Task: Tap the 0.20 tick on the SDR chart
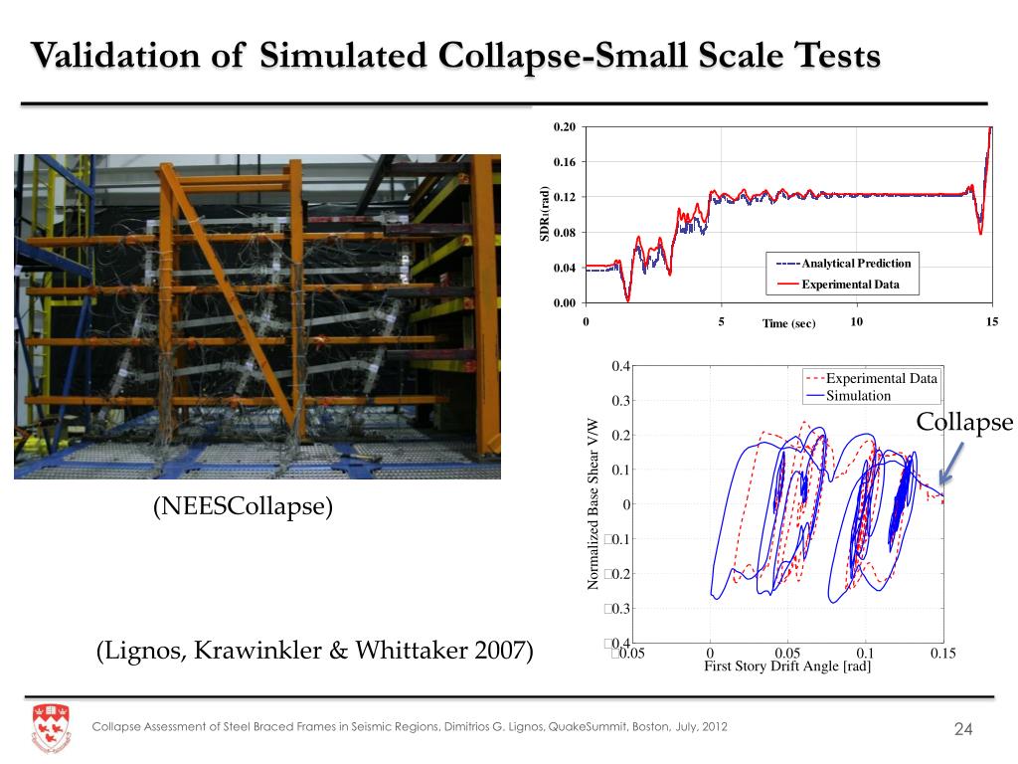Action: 565,127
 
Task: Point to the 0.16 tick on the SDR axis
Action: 565,162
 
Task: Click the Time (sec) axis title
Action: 788,324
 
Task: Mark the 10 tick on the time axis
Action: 857,321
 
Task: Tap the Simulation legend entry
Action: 858,395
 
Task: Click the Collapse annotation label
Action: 963,423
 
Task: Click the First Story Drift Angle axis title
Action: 787,667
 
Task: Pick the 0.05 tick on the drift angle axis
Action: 786,653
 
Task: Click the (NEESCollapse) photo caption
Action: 243,506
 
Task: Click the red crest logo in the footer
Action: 51,726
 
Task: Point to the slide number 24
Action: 961,731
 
